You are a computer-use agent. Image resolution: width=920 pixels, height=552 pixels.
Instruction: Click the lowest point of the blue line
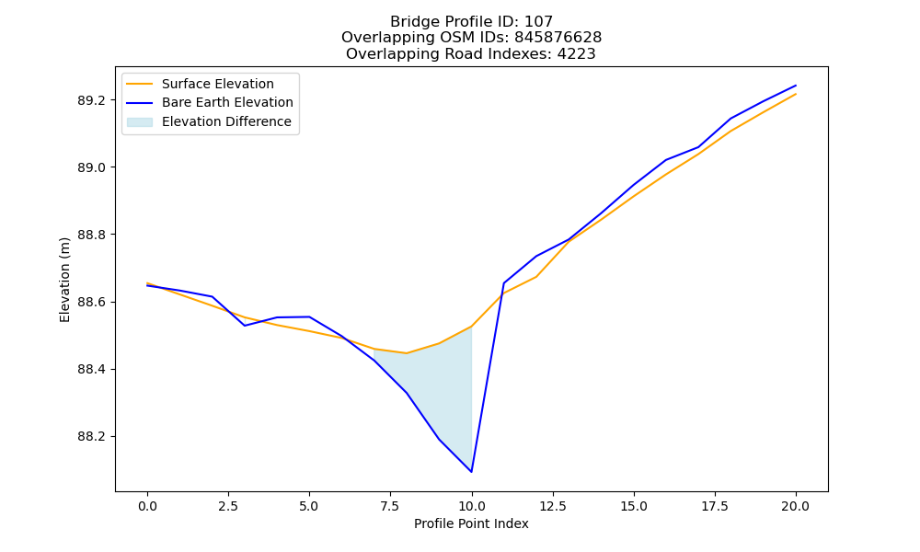point(471,472)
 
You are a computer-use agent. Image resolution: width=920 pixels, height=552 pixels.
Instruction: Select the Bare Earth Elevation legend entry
point(210,102)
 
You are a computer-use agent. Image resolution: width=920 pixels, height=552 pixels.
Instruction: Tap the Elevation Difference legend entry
point(209,121)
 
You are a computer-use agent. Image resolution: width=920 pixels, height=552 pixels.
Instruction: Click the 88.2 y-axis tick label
point(91,437)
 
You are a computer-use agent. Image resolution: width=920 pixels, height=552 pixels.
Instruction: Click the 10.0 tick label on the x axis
point(471,506)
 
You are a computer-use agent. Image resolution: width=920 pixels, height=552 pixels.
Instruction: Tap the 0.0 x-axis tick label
point(147,506)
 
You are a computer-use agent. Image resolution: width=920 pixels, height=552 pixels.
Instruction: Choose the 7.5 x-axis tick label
point(390,506)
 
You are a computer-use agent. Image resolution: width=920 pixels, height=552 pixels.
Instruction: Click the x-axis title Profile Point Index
point(471,523)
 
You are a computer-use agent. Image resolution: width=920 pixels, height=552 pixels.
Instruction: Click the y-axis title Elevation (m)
point(64,280)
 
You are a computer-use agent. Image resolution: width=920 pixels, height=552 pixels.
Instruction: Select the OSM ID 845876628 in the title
point(558,38)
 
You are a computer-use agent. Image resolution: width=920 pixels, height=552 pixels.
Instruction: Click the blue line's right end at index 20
point(796,86)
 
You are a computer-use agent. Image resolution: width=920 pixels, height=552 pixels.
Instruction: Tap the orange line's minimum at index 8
point(406,353)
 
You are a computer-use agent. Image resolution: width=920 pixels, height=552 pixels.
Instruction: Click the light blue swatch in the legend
point(140,122)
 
